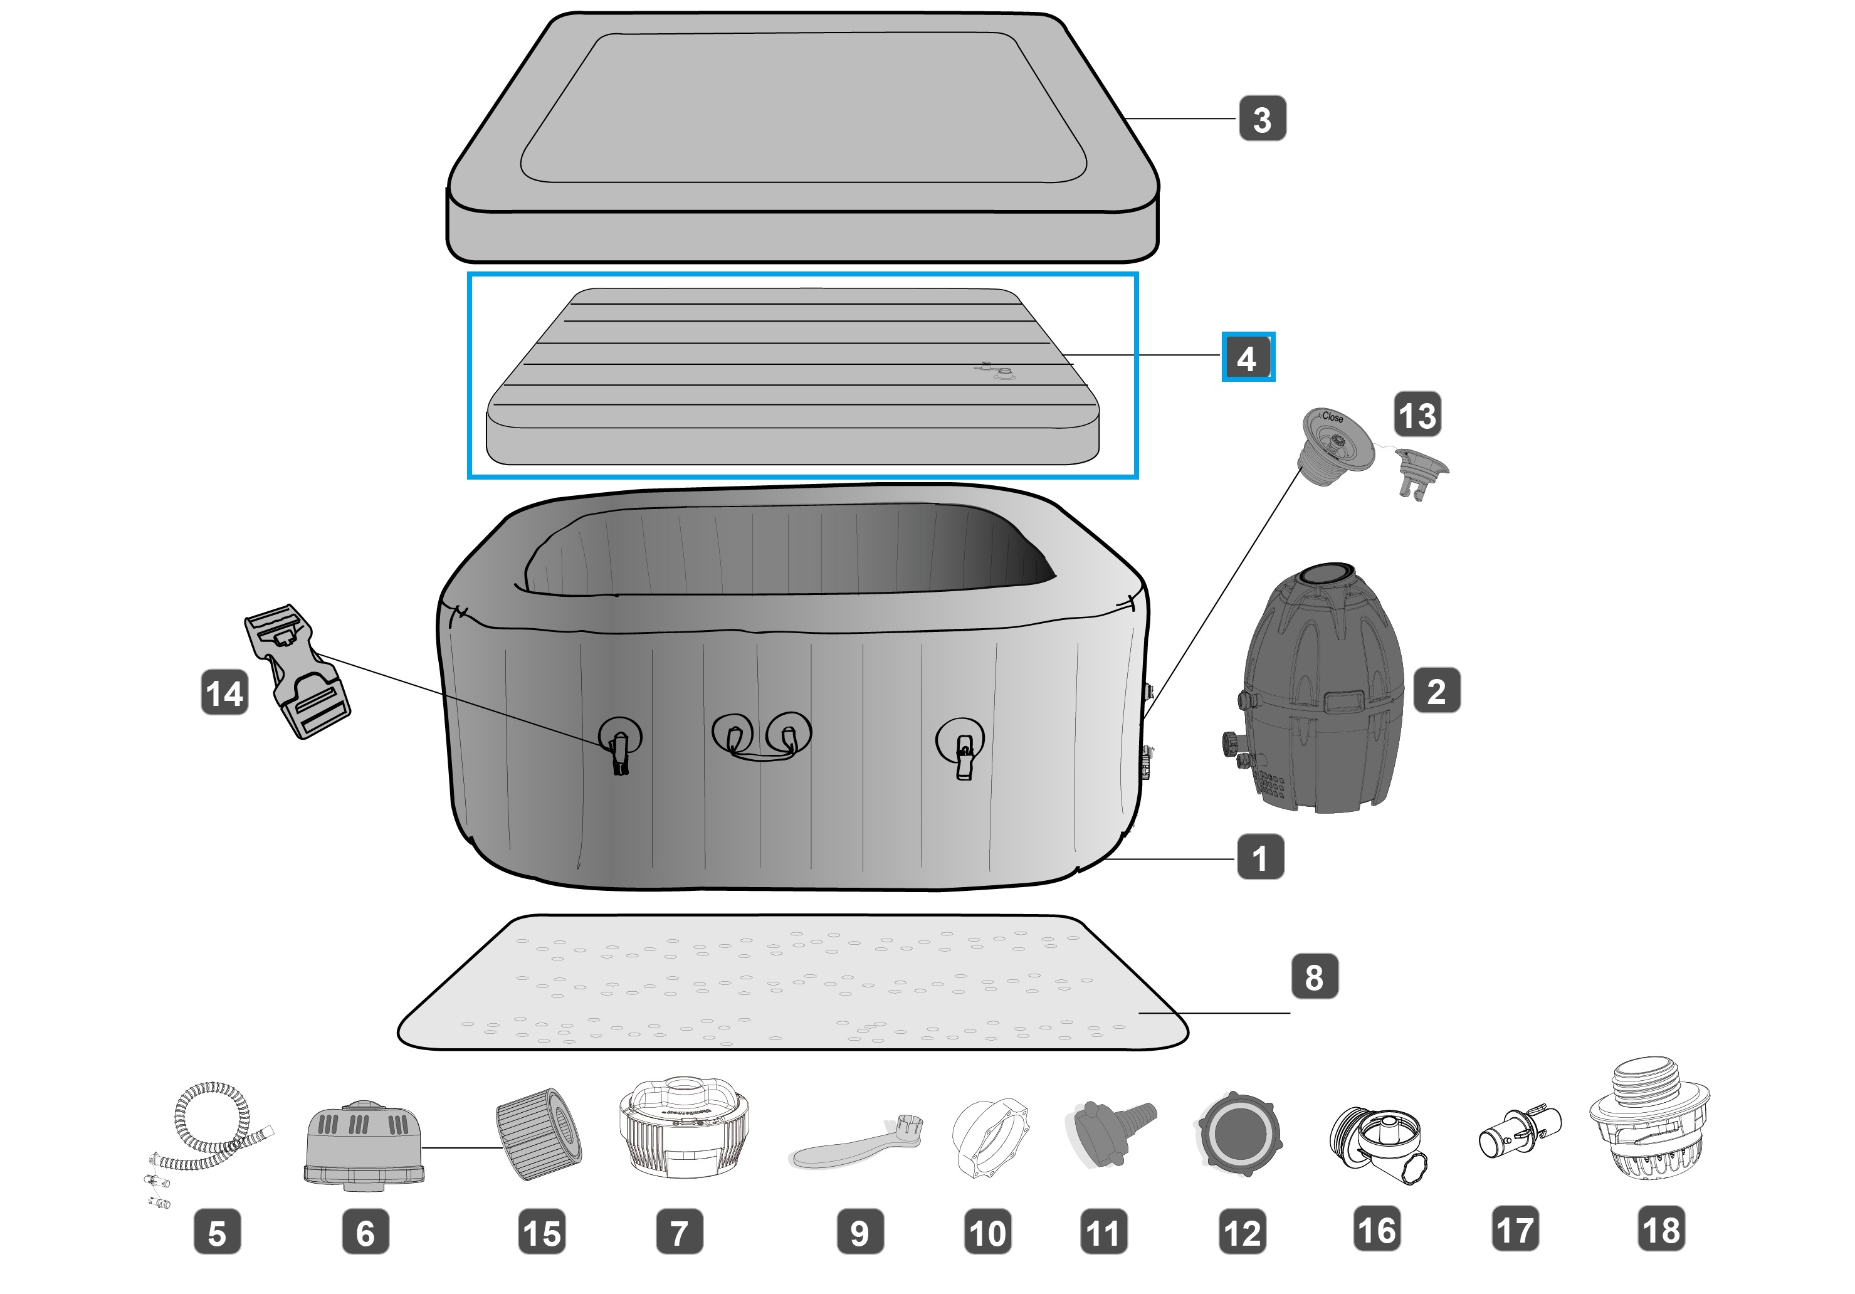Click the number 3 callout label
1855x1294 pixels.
[1262, 118]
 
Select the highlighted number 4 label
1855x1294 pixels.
[1248, 357]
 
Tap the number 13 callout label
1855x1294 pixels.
[1417, 415]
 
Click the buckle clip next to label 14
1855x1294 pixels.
[297, 672]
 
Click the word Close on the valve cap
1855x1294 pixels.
[1332, 418]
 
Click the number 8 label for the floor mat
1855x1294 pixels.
[1315, 977]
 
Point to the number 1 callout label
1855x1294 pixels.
[1260, 857]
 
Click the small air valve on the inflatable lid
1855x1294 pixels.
[1002, 372]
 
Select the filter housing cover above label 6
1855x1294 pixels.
[364, 1143]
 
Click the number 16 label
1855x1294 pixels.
[1377, 1229]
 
